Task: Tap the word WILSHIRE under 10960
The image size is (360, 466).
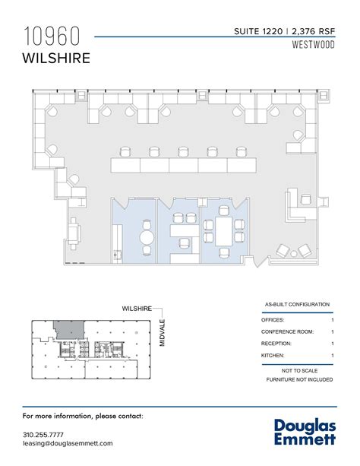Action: tap(58, 59)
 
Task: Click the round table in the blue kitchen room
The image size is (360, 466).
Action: tap(147, 236)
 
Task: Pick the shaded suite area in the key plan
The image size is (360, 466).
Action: tap(68, 328)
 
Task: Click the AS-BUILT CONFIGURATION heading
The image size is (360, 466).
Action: tap(298, 303)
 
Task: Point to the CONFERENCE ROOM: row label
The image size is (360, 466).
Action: tap(288, 331)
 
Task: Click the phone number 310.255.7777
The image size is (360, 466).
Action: tap(45, 434)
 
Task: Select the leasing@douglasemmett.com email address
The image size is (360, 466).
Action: tap(68, 443)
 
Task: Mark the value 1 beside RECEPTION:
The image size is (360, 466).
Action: tap(333, 344)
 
